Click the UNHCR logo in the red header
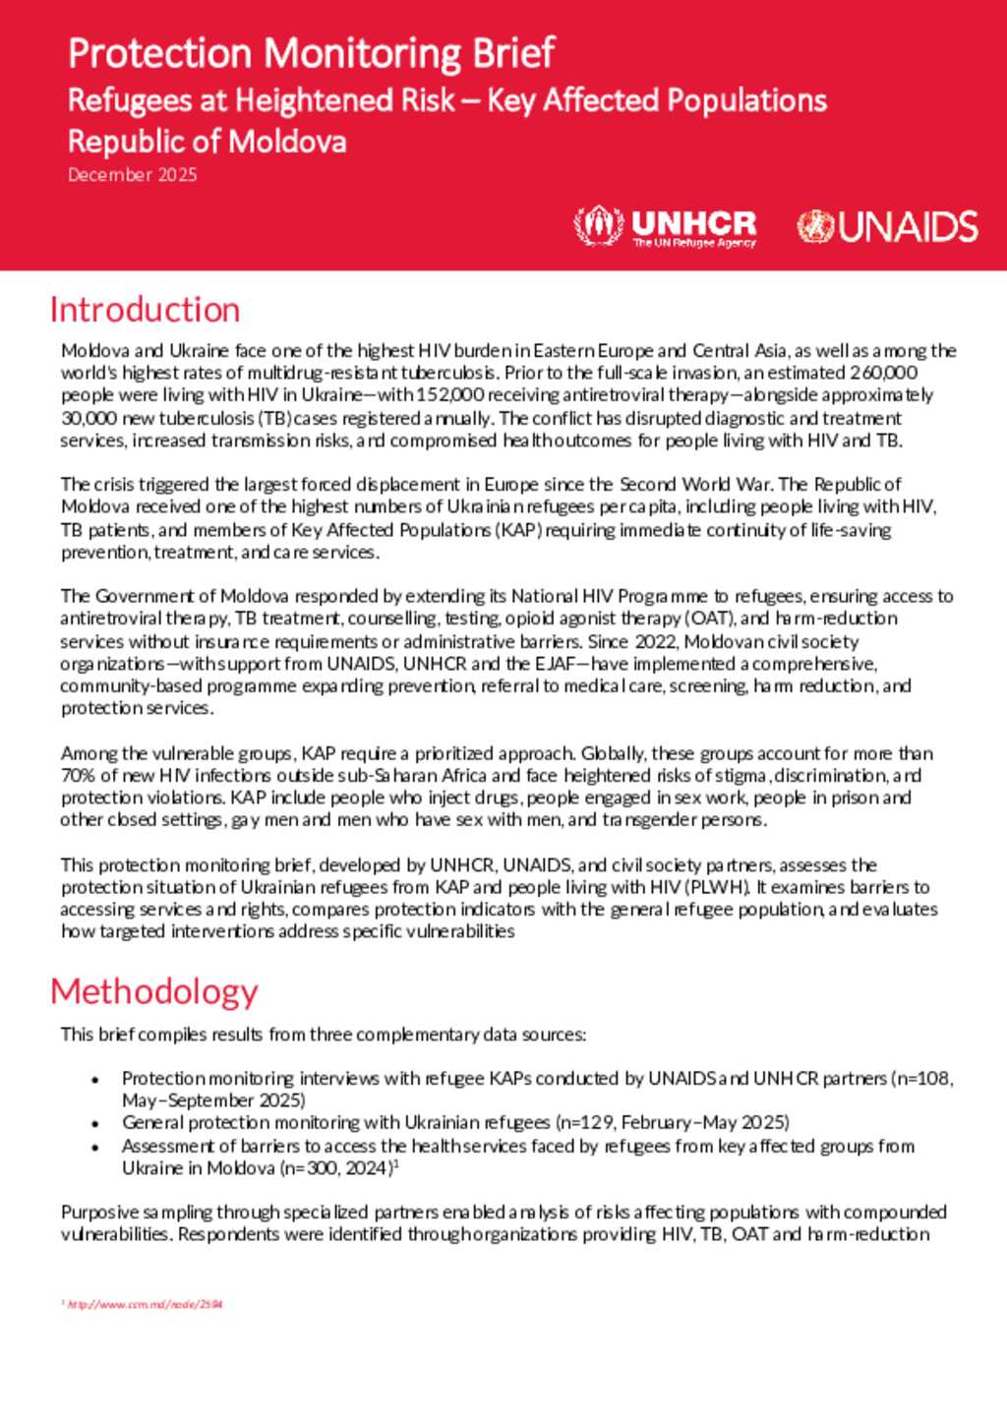pos(666,227)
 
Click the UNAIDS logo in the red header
pos(887,227)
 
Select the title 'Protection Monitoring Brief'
pos(311,53)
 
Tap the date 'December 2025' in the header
pos(132,175)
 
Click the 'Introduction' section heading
pos(145,310)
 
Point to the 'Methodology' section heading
pos(153,991)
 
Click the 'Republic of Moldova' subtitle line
pos(207,142)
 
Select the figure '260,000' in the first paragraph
pos(883,373)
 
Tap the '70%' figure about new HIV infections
pos(78,776)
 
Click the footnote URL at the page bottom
pos(146,1305)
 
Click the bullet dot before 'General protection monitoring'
pos(95,1124)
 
